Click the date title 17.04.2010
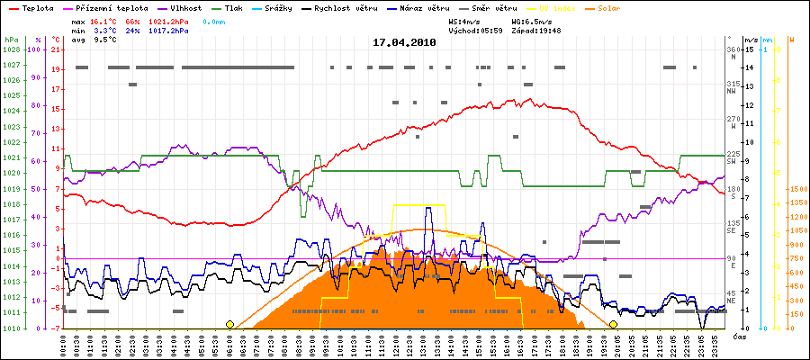point(405,41)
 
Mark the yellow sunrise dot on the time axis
point(230,324)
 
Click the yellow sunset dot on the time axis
point(613,324)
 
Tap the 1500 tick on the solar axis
point(796,189)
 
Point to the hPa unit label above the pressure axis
point(11,40)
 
